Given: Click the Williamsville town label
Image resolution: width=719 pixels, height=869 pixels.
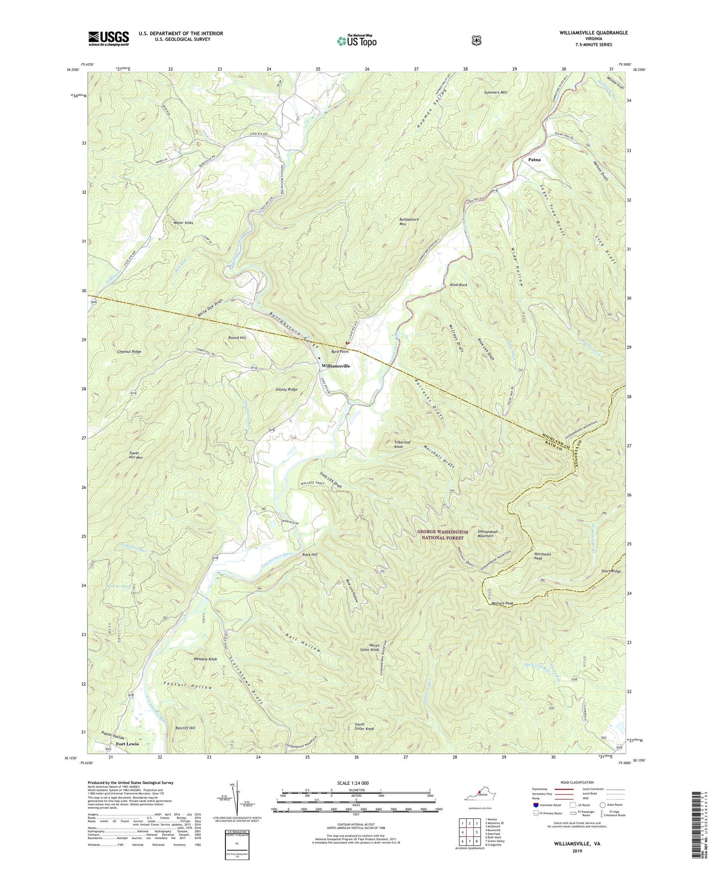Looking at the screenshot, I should click(x=335, y=366).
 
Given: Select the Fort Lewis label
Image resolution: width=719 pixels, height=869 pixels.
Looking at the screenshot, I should click(x=127, y=744).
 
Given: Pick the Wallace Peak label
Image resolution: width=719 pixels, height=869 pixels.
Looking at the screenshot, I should click(x=502, y=603).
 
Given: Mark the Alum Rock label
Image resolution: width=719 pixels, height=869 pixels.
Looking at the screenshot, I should click(x=458, y=285).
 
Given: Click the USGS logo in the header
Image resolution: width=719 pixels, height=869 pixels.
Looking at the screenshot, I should click(x=108, y=38).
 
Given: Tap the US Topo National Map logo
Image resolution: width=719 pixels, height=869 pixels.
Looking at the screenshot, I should click(x=357, y=40).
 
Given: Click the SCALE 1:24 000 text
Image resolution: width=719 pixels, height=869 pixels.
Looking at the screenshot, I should click(x=353, y=783).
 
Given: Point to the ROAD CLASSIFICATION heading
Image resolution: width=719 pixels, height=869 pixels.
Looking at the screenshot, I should click(x=577, y=782).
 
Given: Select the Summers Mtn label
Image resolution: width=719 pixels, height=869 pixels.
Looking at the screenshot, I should click(x=495, y=93).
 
